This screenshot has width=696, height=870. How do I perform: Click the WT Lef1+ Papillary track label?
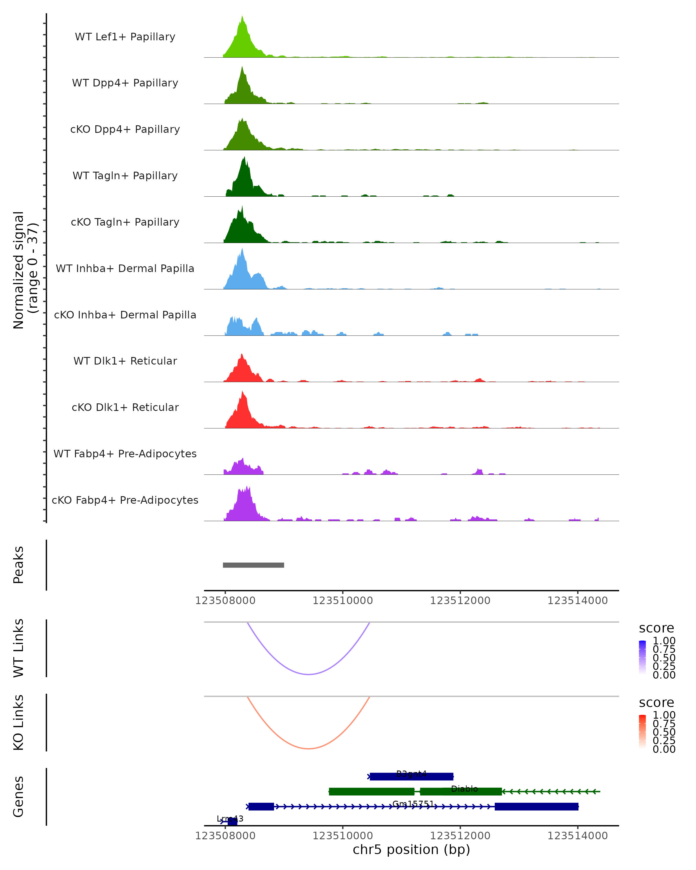(125, 37)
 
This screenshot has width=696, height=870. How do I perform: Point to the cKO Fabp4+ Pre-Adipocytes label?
(125, 500)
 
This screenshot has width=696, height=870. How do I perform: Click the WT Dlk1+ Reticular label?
(125, 361)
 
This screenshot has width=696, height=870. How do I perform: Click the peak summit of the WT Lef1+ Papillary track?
(242, 17)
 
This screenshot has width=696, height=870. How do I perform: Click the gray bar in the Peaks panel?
(253, 565)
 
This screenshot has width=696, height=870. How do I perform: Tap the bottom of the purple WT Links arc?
(308, 674)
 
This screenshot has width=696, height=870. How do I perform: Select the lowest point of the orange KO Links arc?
(308, 748)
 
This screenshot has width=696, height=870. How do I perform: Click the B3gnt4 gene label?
(411, 773)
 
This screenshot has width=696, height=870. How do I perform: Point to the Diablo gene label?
(464, 789)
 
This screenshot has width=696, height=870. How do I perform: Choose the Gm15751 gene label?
(413, 804)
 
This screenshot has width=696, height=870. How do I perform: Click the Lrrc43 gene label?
(230, 819)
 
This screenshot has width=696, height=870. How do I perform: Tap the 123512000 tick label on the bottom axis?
(460, 836)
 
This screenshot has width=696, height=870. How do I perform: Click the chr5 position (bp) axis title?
(411, 850)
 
